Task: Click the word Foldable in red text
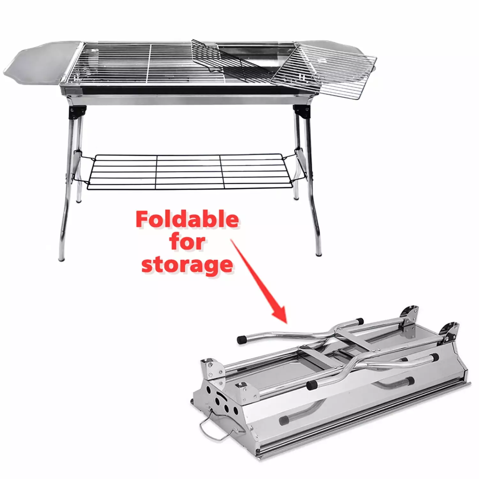pos(187,219)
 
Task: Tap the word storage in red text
pos(187,265)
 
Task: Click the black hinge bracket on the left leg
pos(77,112)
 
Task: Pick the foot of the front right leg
pos(319,253)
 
